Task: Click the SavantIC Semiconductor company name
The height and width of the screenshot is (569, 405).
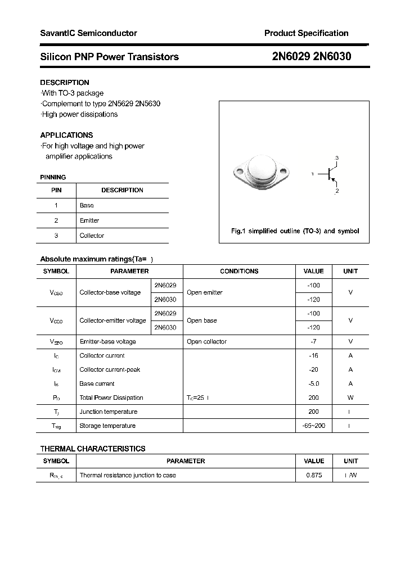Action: coord(88,33)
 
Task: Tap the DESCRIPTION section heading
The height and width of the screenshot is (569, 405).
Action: coord(65,82)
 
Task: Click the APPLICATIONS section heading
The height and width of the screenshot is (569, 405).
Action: coord(66,135)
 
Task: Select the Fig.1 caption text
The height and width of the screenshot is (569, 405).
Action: coord(295,231)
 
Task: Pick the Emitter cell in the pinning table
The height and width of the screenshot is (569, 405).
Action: coord(89,220)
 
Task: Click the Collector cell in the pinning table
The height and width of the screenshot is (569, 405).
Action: coord(92,236)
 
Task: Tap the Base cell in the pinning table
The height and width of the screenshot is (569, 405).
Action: coord(87,205)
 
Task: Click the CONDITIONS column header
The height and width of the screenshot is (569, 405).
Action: coord(239,271)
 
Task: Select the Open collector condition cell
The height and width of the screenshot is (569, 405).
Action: coord(206,341)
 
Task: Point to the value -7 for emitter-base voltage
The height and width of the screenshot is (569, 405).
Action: coord(314,341)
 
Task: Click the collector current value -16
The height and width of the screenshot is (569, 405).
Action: coord(314,355)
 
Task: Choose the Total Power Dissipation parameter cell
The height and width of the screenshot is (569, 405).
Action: coord(111,398)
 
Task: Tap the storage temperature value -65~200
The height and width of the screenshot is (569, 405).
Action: coord(314,426)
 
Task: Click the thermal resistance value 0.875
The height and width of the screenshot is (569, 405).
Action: coord(314,475)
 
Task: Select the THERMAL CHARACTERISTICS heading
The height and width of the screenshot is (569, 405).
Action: coord(93,449)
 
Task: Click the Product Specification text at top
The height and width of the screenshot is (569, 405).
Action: coord(306,33)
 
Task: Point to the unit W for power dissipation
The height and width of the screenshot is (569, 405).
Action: coord(350,398)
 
